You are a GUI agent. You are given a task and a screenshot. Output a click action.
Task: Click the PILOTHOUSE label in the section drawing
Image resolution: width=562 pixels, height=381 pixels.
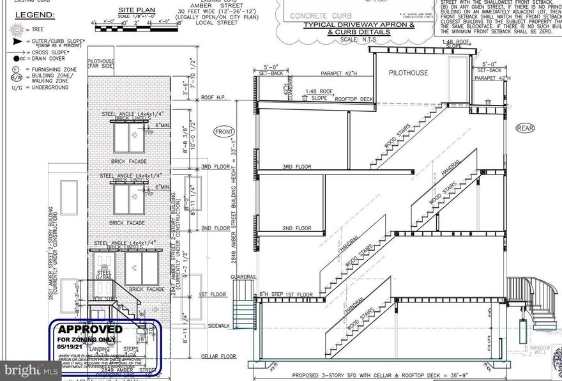pyautogui.click(x=408, y=73)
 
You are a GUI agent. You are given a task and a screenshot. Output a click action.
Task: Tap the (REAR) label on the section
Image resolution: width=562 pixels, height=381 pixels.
pyautogui.click(x=526, y=128)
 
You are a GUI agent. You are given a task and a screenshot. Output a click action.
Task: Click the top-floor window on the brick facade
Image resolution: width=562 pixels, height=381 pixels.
pyautogui.click(x=129, y=137)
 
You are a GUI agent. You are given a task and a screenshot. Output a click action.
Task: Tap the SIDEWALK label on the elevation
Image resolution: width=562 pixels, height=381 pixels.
pyautogui.click(x=220, y=326)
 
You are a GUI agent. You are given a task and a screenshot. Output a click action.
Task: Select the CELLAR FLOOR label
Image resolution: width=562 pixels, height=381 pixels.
pyautogui.click(x=216, y=356)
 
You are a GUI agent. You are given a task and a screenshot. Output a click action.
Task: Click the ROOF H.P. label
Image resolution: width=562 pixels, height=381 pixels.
pyautogui.click(x=215, y=98)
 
